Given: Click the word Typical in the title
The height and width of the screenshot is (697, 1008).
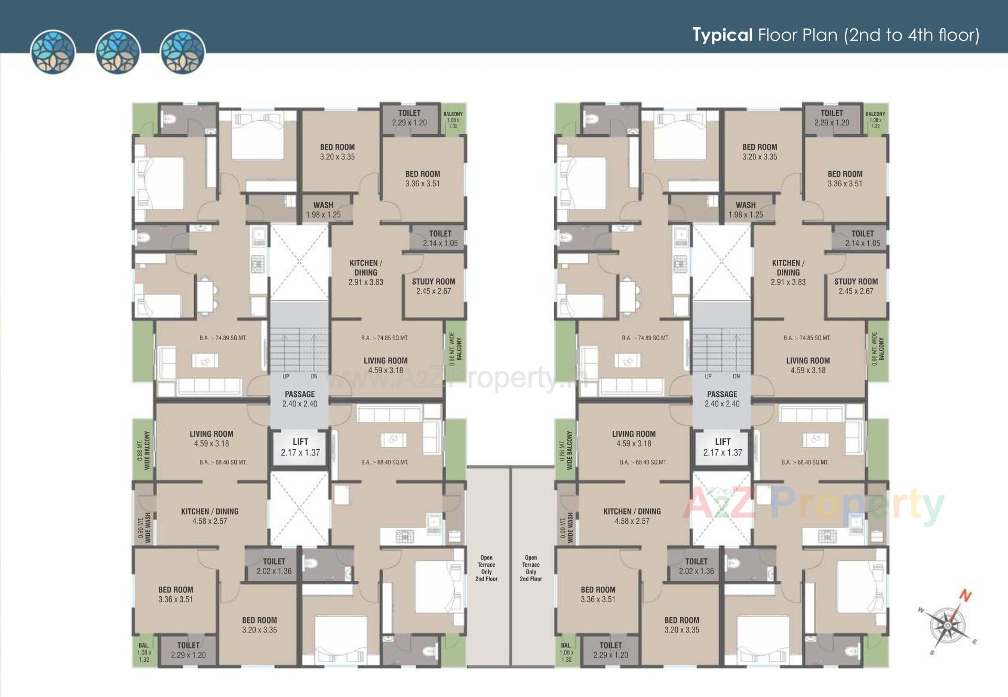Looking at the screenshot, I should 722,35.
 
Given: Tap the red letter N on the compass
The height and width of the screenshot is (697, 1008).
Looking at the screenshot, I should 965,596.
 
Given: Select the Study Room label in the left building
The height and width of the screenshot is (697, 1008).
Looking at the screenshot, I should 433,286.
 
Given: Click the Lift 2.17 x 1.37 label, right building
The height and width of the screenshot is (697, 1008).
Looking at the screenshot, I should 722,447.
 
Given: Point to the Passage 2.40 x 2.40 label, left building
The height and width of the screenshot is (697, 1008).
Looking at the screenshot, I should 300,399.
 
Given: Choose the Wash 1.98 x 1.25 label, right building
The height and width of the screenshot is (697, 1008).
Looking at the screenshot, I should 745,209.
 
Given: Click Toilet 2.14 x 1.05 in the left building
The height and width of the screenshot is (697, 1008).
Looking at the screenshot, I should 440,238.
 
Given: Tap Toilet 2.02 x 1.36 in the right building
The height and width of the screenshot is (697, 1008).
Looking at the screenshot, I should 696,566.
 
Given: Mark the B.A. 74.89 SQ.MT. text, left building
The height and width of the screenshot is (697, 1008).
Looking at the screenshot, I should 223,338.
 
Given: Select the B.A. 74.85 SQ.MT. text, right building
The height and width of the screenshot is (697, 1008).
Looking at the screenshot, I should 807,338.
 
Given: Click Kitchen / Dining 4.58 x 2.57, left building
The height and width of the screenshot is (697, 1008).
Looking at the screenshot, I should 209,516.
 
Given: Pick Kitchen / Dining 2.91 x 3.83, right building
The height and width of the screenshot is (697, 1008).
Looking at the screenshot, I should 788,272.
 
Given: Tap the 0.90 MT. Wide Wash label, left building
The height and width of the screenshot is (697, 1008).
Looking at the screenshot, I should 144,527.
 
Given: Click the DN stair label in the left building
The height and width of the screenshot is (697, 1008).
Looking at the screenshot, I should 314,376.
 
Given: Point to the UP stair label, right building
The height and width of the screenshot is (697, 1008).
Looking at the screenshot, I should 708,376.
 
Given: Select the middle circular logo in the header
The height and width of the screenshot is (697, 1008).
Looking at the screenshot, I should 118,51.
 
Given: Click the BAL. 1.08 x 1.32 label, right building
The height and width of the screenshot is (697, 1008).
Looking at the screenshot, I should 566,652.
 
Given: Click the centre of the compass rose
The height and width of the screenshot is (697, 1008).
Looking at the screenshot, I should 948,626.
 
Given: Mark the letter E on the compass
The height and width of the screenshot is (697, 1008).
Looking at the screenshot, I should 974,642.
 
